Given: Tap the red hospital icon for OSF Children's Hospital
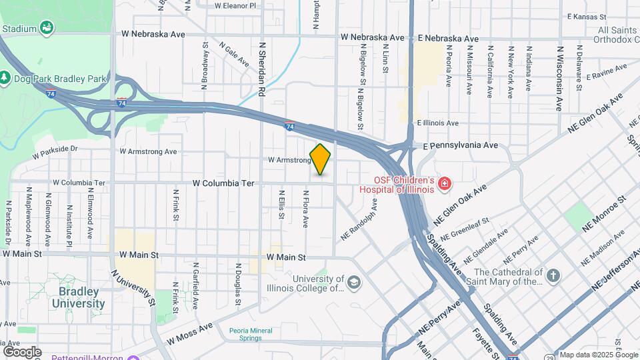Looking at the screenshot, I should (444, 183).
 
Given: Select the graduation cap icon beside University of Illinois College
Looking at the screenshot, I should (354, 283).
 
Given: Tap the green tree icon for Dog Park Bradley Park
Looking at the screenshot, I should (5, 79).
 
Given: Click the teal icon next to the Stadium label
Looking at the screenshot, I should (47, 28).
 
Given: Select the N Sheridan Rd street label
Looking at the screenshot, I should (262, 71).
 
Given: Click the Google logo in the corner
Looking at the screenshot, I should (21, 351).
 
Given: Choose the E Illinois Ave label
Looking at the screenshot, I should (437, 123).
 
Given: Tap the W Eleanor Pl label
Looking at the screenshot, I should (235, 5).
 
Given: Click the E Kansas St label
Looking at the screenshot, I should (585, 16).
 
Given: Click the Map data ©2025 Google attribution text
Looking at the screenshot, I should (599, 355).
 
